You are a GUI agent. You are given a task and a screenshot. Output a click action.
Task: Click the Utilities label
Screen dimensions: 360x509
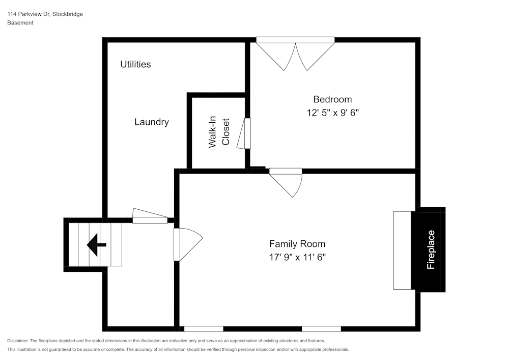pyautogui.click(x=135, y=64)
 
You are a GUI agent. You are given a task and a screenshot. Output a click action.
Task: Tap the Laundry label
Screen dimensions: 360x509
pyautogui.click(x=152, y=122)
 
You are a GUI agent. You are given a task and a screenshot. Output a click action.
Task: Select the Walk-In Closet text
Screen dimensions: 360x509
pyautogui.click(x=219, y=133)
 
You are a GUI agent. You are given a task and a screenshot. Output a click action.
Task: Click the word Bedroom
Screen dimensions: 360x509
pyautogui.click(x=332, y=99)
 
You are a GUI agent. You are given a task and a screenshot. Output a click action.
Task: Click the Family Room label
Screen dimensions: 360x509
pyautogui.click(x=297, y=244)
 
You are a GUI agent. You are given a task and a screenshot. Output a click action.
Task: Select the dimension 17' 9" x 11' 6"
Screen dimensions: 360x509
pyautogui.click(x=297, y=258)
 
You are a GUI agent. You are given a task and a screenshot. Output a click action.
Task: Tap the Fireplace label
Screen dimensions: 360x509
pyautogui.click(x=431, y=250)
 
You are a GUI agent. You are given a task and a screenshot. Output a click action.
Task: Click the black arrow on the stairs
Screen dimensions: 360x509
pyautogui.click(x=96, y=245)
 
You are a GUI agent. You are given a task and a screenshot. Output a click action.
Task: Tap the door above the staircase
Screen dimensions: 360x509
pyautogui.click(x=150, y=217)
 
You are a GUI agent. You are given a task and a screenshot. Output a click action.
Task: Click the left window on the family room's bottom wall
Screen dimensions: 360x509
pyautogui.click(x=204, y=329)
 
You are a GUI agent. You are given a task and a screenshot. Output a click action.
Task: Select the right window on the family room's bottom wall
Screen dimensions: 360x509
pyautogui.click(x=321, y=329)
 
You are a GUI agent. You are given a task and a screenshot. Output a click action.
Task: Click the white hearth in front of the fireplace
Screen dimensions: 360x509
pyautogui.click(x=402, y=250)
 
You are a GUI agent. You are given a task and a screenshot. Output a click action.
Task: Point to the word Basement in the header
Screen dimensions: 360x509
pyautogui.click(x=20, y=23)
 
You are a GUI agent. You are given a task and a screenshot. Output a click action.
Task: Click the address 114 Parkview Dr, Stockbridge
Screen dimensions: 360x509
pyautogui.click(x=45, y=14)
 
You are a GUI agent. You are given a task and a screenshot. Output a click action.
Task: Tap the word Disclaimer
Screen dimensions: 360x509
pyautogui.click(x=18, y=341)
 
